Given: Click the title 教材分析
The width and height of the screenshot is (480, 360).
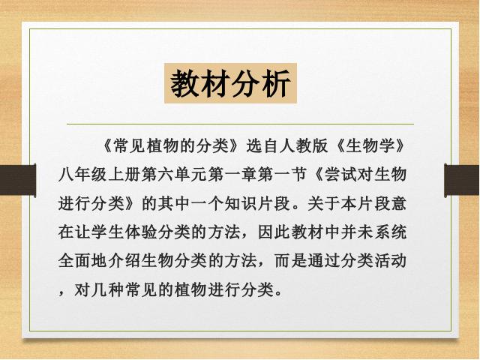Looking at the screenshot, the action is point(230,83).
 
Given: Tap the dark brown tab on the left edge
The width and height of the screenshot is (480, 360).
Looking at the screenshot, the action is point(18,180).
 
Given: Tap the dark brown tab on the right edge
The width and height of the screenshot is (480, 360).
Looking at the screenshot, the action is point(462,180).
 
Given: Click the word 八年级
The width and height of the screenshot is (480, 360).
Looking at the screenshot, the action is point(82,175).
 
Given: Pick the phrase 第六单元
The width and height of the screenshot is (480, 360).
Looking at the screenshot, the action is point(174,175).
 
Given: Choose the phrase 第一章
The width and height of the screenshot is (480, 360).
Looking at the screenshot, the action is point(232,175).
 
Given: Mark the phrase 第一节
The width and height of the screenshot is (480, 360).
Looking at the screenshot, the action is point(282,175).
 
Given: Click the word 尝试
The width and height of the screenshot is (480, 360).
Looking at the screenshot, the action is point(340,175).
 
